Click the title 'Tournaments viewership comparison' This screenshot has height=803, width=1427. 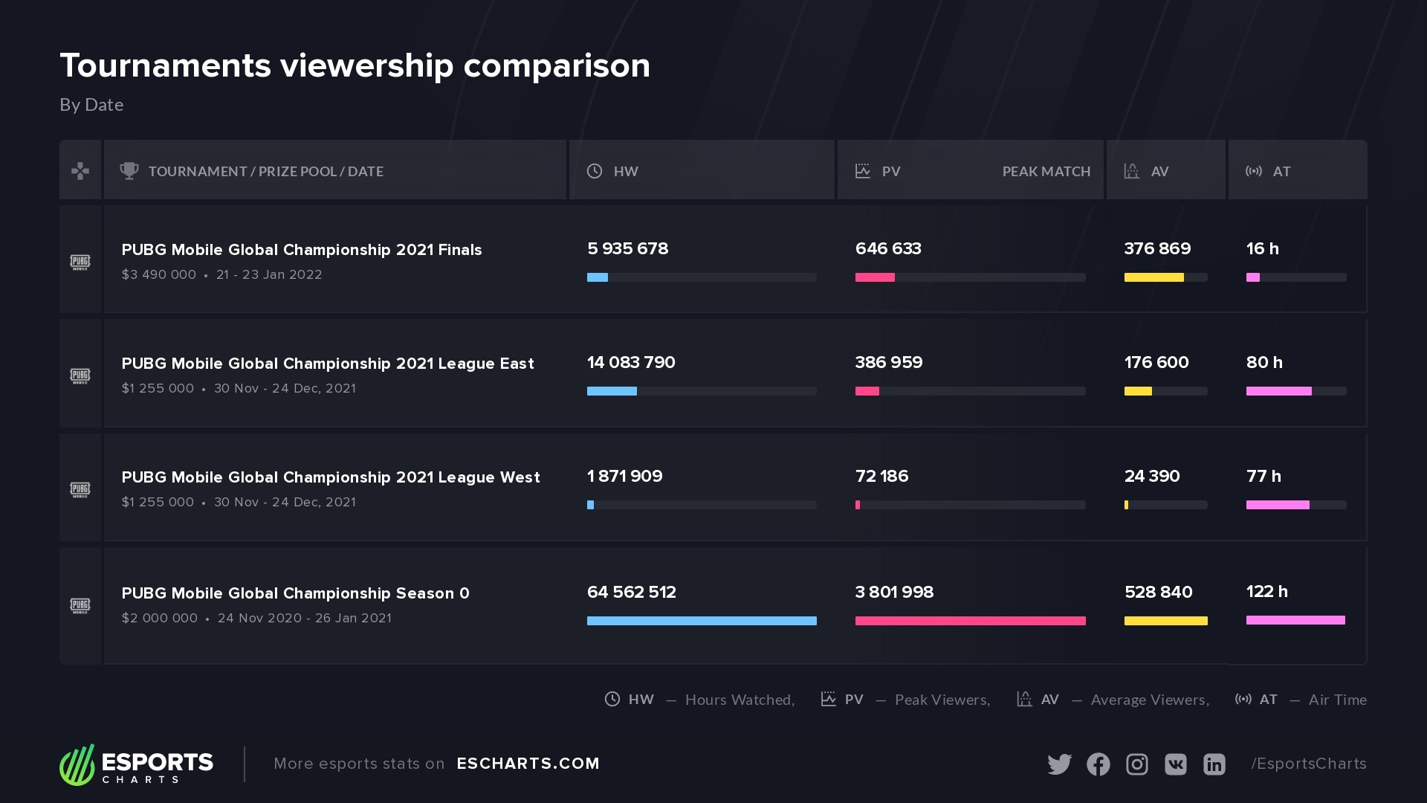coord(355,65)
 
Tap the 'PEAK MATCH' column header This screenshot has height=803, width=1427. coord(1046,172)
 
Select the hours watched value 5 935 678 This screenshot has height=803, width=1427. coord(627,249)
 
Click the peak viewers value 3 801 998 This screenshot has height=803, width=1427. coord(894,593)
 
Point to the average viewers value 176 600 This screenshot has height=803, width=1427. coord(1156,363)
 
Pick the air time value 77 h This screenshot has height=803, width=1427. coord(1263,477)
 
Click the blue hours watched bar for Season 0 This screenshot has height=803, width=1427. coord(701,621)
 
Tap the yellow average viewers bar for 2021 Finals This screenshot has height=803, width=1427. coord(1153,277)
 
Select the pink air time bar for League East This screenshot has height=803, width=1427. coord(1278,391)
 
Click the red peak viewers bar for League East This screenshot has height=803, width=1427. coord(867,391)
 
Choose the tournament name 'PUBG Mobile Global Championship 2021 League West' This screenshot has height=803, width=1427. coord(331,477)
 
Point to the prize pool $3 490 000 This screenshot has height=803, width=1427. coord(159,274)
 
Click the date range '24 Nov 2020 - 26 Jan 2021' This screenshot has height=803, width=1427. coord(304,618)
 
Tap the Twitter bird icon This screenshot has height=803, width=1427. coord(1059,764)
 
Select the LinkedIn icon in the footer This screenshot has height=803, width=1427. coord(1214,764)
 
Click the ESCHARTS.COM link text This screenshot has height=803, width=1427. coord(528,764)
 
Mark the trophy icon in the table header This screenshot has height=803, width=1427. coord(129,171)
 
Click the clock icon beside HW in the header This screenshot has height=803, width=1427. coord(595,171)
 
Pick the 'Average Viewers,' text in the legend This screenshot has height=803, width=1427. coord(1149,700)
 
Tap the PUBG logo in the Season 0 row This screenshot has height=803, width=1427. coord(80,605)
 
